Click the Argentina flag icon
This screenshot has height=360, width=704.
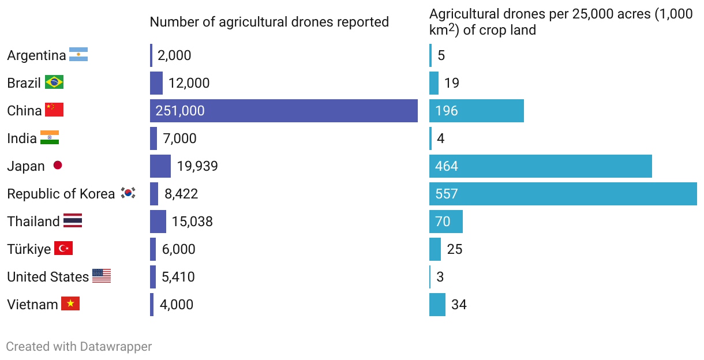(x=78, y=55)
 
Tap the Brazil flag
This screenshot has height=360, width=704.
(x=54, y=82)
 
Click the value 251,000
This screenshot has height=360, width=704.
(x=180, y=111)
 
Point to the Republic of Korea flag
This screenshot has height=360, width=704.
(x=128, y=193)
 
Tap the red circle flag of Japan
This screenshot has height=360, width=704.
(x=58, y=166)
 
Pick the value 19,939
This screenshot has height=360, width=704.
(x=197, y=166)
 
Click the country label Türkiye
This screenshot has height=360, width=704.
(x=29, y=249)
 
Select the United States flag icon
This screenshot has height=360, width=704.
(x=102, y=276)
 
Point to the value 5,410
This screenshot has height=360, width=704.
(x=178, y=277)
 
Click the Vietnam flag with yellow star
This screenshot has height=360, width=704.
(x=70, y=304)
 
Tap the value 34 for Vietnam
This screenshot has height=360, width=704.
(x=459, y=305)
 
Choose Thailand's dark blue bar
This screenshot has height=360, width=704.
(x=158, y=222)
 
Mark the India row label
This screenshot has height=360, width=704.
(x=22, y=138)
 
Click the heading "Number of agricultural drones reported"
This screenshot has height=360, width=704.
(x=269, y=22)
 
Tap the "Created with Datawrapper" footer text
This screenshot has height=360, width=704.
(x=79, y=347)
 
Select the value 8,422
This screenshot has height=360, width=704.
(x=181, y=194)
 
